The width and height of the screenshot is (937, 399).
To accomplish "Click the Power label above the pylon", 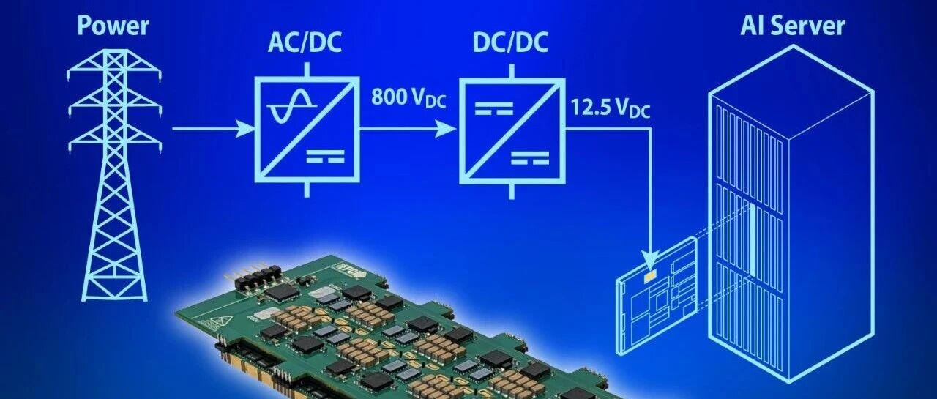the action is [113, 27].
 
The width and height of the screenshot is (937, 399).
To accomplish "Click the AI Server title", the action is [793, 26].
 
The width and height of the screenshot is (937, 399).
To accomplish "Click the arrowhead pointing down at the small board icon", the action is [649, 257].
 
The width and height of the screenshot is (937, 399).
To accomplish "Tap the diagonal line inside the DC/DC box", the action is [509, 132].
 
